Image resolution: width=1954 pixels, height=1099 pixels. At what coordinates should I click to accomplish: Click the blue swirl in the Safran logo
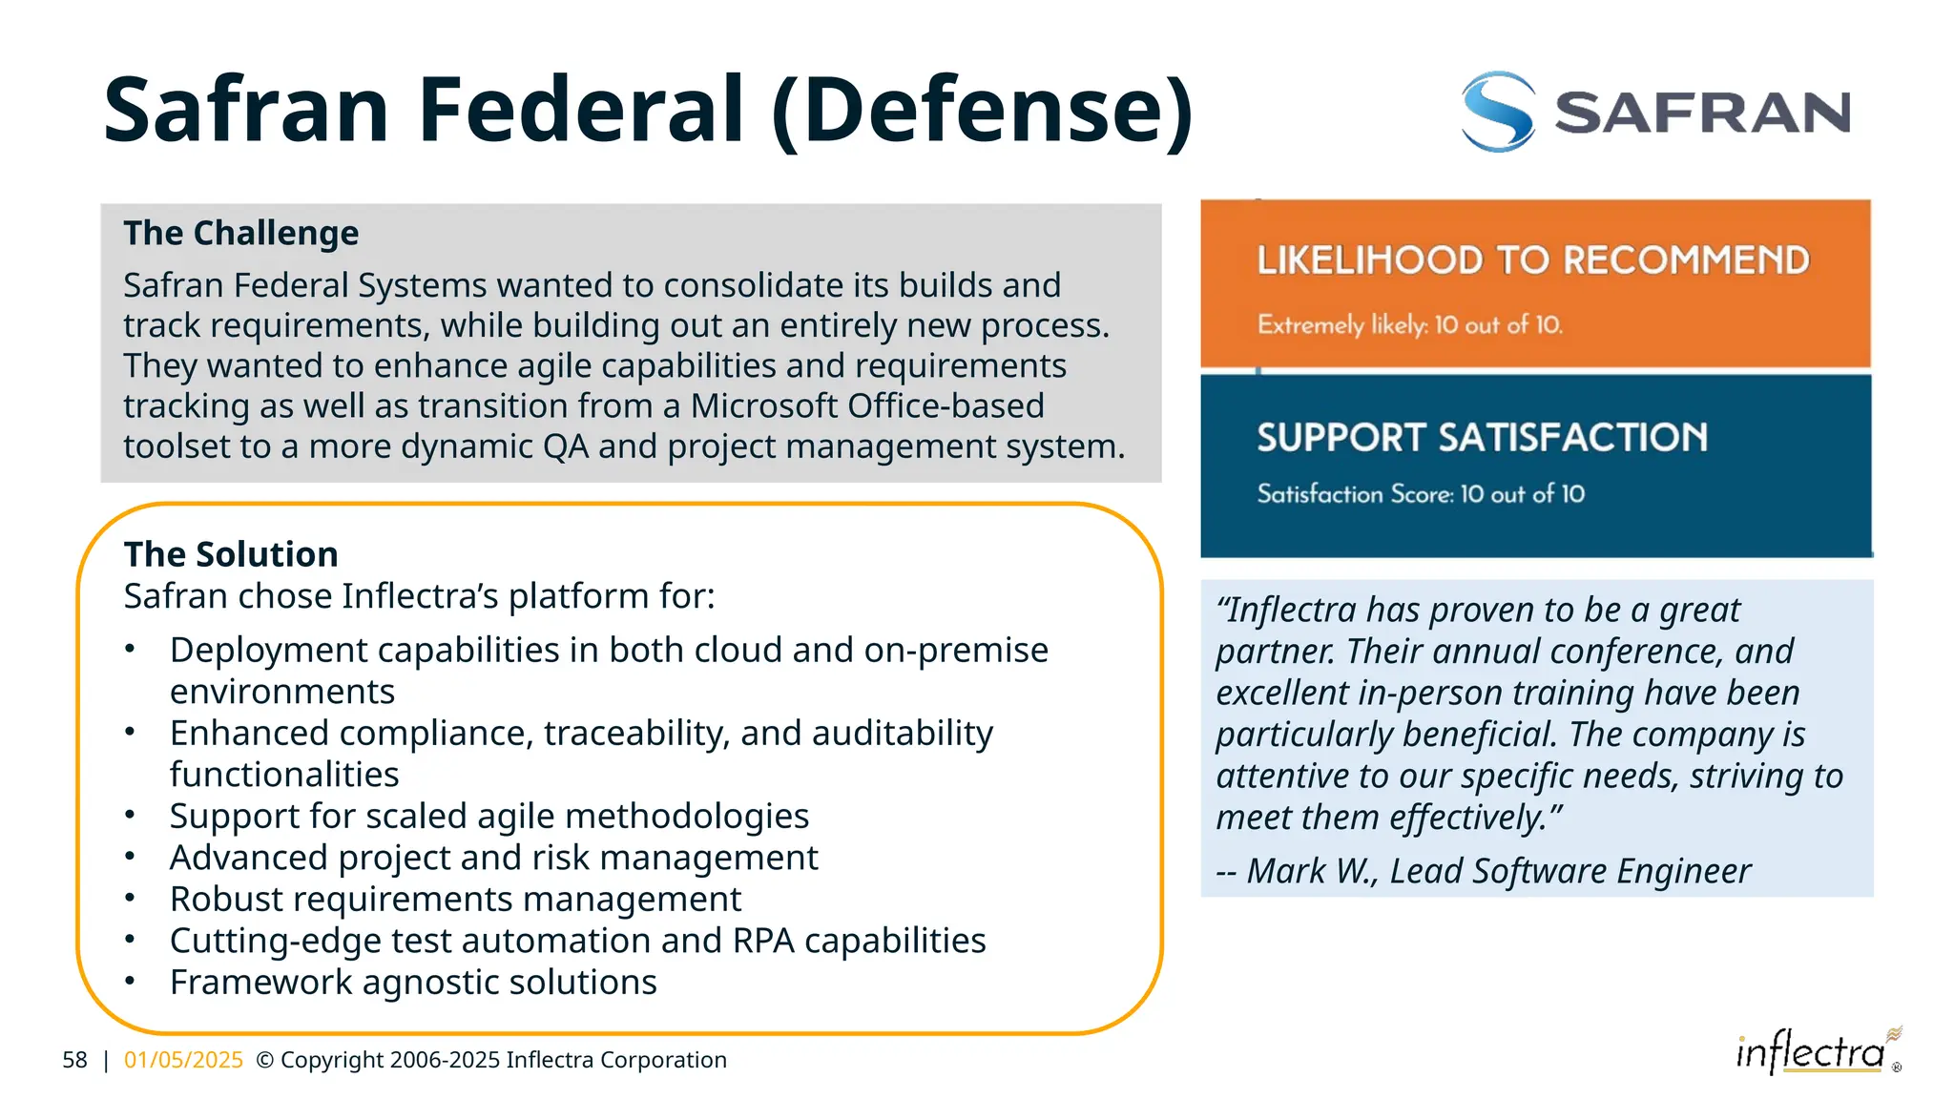pyautogui.click(x=1498, y=112)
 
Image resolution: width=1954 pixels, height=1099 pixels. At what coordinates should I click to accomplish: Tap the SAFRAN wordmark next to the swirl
pyautogui.click(x=1702, y=113)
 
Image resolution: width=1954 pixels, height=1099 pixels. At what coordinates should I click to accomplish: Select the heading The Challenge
pyautogui.click(x=240, y=233)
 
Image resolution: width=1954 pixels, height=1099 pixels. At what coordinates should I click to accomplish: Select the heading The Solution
pyautogui.click(x=231, y=554)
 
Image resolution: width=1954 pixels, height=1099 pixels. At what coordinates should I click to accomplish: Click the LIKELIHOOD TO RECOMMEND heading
pyautogui.click(x=1532, y=259)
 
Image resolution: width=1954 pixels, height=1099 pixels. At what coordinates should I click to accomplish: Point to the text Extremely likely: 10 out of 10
pyautogui.click(x=1409, y=325)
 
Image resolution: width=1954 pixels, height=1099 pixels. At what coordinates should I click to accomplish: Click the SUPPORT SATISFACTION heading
pyautogui.click(x=1482, y=437)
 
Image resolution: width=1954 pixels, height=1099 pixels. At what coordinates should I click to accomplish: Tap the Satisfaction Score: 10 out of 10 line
pyautogui.click(x=1420, y=494)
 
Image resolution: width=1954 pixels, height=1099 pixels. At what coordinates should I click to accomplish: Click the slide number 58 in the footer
pyautogui.click(x=74, y=1060)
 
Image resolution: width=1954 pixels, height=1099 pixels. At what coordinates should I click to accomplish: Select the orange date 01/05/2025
pyautogui.click(x=183, y=1060)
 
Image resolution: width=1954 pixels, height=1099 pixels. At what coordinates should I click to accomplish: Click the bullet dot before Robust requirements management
pyautogui.click(x=130, y=898)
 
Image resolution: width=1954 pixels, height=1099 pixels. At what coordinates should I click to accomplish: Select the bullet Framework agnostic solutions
pyautogui.click(x=413, y=982)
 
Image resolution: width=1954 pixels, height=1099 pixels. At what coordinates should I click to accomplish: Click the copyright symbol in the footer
pyautogui.click(x=265, y=1060)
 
